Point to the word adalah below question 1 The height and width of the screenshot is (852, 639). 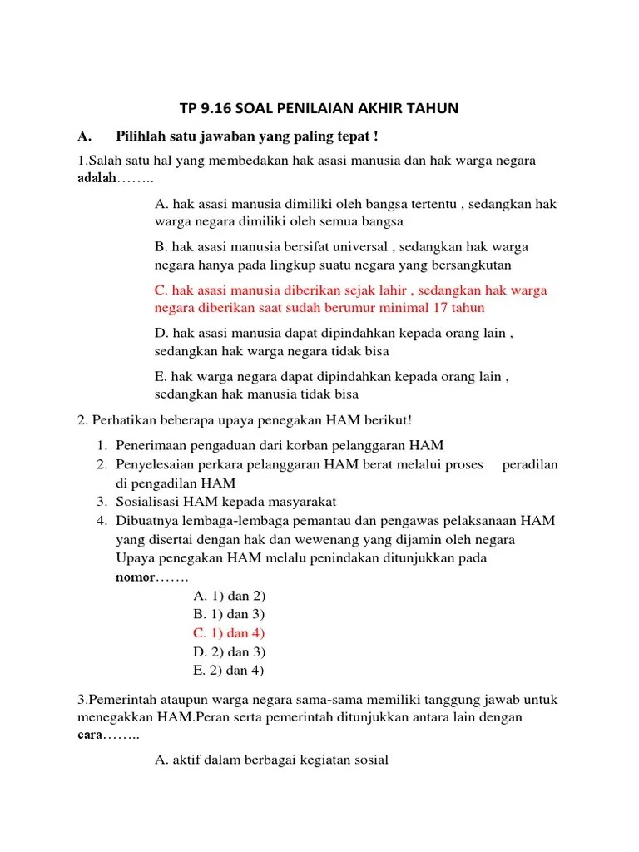click(96, 179)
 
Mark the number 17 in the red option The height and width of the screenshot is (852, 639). click(444, 308)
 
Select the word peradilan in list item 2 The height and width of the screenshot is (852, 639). click(530, 464)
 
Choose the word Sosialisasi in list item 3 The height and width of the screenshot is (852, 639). click(147, 501)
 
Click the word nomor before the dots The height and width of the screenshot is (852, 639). click(134, 577)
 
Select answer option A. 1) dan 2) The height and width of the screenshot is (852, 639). click(229, 596)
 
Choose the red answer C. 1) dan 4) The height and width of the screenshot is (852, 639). click(229, 633)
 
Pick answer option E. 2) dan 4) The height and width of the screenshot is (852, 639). click(229, 670)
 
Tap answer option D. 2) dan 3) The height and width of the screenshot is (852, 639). click(229, 651)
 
